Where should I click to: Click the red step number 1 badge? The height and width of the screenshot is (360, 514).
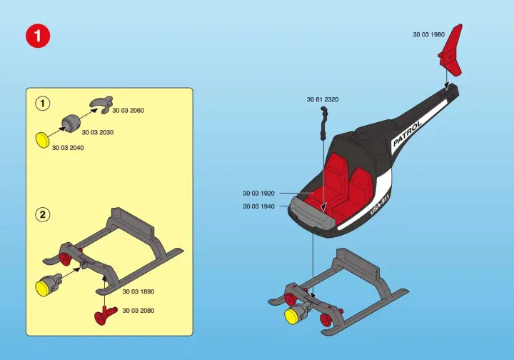coord(38,36)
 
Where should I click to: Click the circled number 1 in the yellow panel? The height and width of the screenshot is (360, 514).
coord(42,104)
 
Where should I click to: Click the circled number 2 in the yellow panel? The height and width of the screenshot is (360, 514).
coord(42,215)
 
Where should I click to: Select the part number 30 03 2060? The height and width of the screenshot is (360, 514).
coord(128,111)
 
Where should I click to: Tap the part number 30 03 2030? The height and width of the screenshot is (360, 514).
coord(98,132)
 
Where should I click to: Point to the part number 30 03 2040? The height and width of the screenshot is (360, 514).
coord(68,148)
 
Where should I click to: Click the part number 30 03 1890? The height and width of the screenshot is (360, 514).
coord(138,291)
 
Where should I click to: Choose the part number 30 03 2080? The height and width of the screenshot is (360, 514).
coord(138,311)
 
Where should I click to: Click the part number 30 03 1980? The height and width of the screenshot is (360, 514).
coord(429,34)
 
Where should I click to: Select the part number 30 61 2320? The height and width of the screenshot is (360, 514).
coord(323,99)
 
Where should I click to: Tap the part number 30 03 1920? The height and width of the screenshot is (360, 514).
coord(258,194)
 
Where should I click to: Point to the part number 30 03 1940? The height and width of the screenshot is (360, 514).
coord(258,206)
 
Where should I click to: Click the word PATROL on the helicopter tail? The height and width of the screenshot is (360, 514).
coord(407,134)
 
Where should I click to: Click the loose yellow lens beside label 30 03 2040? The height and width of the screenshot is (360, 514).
coord(42,140)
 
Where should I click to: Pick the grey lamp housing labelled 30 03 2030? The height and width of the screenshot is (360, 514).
coord(71,124)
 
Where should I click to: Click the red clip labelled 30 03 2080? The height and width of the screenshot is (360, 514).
coord(105,316)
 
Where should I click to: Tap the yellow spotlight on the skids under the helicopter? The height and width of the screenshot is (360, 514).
coord(291,316)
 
